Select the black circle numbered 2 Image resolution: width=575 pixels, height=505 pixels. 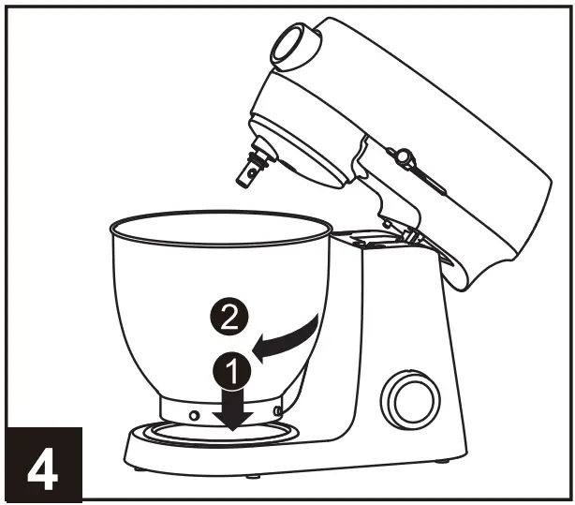point(231,319)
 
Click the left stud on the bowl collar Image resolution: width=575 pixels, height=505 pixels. point(192,412)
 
